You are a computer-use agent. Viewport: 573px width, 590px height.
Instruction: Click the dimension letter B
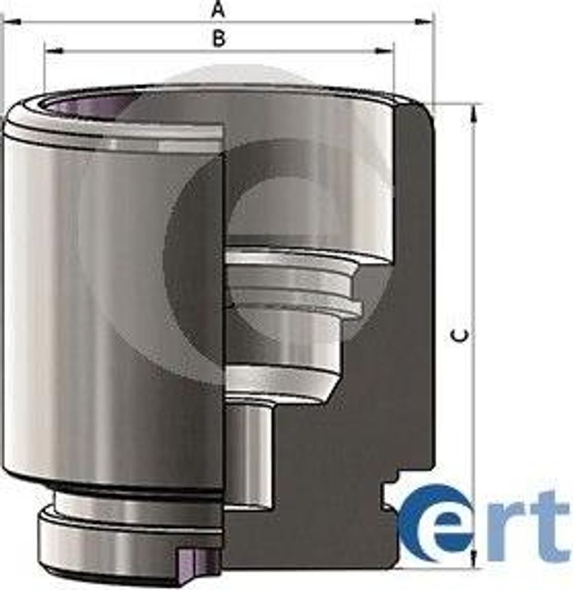coord(219,39)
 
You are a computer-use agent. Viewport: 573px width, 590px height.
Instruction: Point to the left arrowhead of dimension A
coord(12,22)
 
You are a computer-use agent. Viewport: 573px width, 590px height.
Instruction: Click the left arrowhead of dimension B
coord(54,51)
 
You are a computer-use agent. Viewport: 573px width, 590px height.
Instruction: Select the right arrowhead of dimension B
coord(384,51)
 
